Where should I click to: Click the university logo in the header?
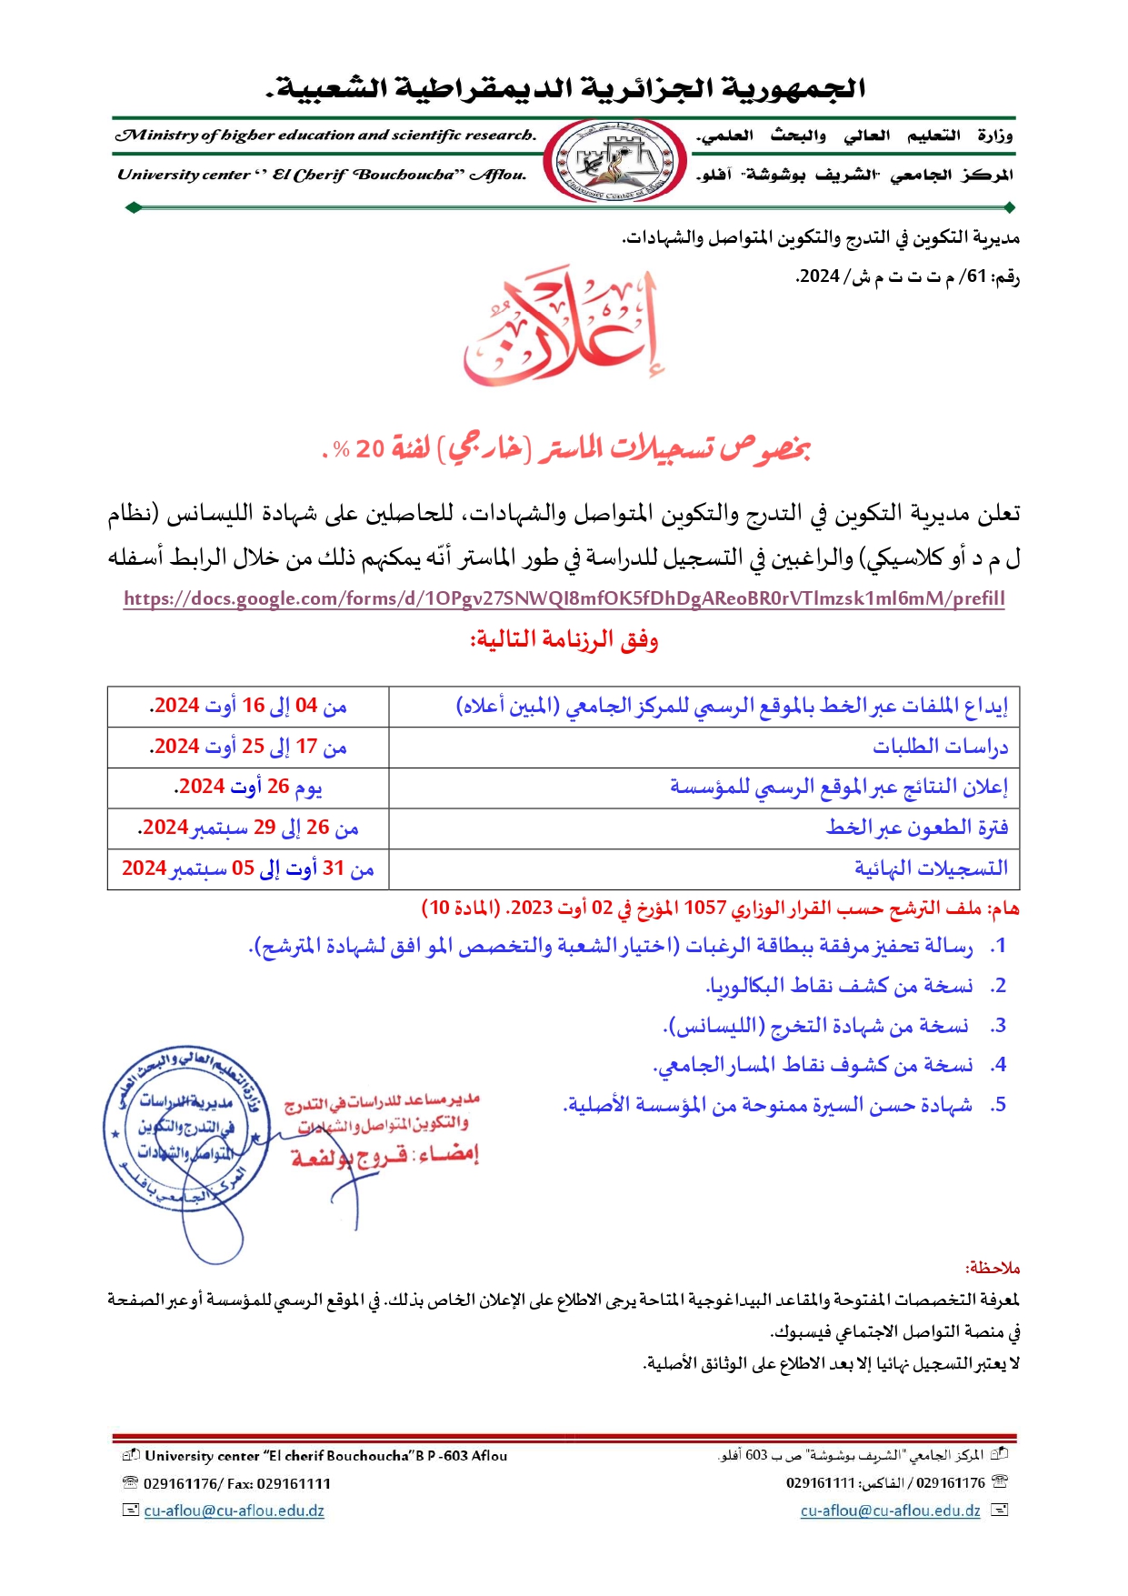tap(615, 161)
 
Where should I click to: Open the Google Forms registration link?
tap(564, 598)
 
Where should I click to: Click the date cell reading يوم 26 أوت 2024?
tap(248, 787)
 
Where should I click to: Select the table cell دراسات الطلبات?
tap(940, 747)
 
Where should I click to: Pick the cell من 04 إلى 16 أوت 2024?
tap(248, 706)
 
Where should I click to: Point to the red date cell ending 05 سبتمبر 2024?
tap(248, 868)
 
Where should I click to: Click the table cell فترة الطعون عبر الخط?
tap(916, 828)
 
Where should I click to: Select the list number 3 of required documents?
tap(998, 1026)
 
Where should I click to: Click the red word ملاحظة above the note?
tap(993, 1268)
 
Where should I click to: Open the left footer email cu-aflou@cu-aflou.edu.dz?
tap(234, 1511)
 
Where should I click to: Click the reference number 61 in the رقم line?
tap(976, 276)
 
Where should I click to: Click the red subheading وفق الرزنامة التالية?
tap(564, 640)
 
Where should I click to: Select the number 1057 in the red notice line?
tap(704, 908)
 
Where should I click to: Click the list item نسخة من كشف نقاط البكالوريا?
tap(841, 986)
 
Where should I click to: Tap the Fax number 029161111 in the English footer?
tap(294, 1483)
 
